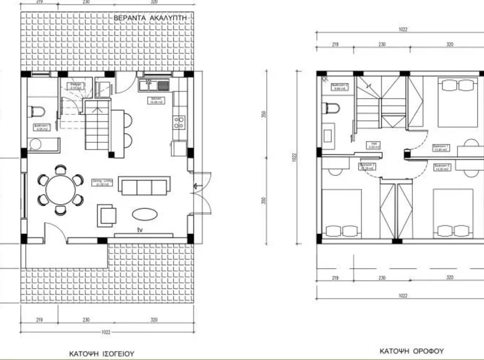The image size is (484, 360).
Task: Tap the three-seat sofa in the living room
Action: point(144,187)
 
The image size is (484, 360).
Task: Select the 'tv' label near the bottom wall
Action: point(141,229)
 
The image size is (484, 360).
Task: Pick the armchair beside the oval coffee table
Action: point(106,215)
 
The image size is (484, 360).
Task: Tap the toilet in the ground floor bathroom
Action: point(37,112)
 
